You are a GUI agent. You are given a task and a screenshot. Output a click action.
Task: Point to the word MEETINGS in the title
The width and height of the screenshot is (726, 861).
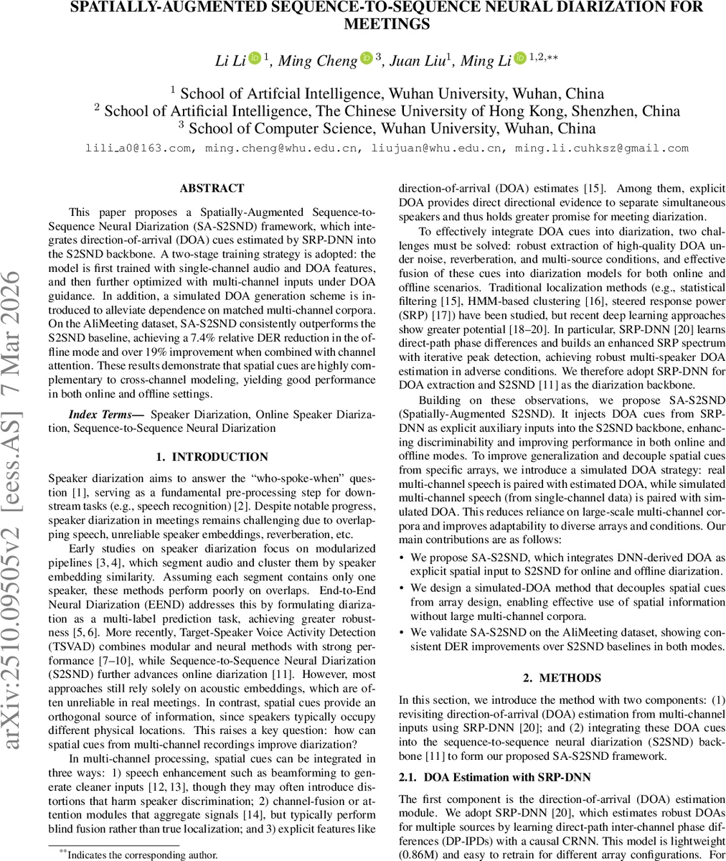[387, 24]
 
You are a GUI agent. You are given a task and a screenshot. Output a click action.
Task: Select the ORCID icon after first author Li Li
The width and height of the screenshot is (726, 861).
[255, 59]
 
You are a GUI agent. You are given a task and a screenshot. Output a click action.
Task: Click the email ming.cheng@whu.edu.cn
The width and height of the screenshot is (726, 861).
[286, 149]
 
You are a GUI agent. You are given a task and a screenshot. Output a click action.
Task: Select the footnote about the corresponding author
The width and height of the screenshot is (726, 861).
[136, 855]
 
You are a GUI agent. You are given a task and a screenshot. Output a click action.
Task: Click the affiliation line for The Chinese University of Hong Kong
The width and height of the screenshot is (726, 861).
[387, 111]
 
